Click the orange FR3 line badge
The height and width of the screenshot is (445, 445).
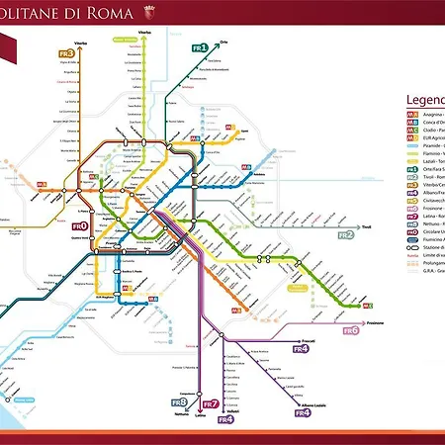[66, 53]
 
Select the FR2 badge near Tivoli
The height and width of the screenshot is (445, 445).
[345, 235]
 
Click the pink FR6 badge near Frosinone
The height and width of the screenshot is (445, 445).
[350, 330]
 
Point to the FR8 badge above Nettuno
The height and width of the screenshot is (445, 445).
[179, 402]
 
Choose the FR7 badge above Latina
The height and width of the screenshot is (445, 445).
[210, 404]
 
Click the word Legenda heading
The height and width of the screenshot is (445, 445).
[424, 101]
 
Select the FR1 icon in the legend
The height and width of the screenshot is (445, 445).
[412, 169]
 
